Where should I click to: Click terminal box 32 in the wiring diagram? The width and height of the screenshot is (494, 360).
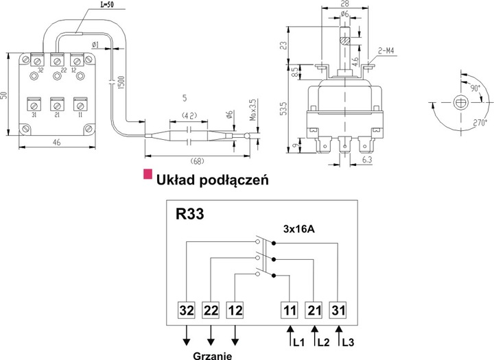[x=187, y=311]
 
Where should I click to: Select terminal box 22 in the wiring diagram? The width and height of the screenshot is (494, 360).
[x=211, y=311]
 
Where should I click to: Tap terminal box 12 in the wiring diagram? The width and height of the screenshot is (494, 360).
[x=235, y=311]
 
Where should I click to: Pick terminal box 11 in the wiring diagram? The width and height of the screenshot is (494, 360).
[x=289, y=311]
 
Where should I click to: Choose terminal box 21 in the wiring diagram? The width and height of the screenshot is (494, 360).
[x=314, y=311]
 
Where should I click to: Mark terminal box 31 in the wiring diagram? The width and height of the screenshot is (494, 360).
[x=338, y=311]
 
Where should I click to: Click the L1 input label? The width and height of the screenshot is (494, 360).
[x=297, y=340]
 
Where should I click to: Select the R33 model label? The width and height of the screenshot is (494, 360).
[x=190, y=214]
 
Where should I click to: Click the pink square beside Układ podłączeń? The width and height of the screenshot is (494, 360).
[x=146, y=175]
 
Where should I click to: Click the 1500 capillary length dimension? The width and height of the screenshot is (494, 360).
[x=121, y=82]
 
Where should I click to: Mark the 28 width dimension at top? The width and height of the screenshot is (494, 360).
[x=344, y=3]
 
